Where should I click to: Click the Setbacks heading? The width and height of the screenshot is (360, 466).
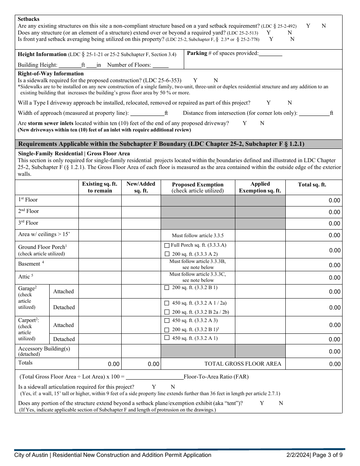tap(28, 19)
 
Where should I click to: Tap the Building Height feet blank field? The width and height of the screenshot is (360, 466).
tap(70, 65)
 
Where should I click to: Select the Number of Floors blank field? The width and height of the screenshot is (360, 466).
tap(161, 65)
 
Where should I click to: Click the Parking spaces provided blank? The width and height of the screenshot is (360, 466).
tap(270, 53)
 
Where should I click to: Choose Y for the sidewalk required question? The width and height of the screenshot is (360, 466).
tap(195, 80)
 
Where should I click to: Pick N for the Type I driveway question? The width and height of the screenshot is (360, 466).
tap(290, 103)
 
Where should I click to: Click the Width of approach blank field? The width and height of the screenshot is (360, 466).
tap(147, 113)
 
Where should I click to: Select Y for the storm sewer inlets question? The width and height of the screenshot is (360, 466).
tap(244, 123)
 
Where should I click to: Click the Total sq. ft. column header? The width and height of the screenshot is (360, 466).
tap(312, 185)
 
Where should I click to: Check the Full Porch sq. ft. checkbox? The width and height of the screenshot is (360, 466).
tap(167, 246)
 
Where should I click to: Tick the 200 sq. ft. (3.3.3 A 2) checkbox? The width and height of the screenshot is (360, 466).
tap(167, 254)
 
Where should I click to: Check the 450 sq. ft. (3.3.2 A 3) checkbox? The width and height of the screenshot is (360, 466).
tap(167, 321)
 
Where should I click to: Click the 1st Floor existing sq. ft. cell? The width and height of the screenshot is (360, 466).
tap(100, 200)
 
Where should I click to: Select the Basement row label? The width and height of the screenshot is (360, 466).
tap(29, 264)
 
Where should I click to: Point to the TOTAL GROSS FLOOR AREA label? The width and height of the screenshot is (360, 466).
tap(243, 364)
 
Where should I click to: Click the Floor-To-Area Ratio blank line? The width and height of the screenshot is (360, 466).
tap(155, 377)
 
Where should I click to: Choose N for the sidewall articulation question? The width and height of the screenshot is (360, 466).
tap(173, 387)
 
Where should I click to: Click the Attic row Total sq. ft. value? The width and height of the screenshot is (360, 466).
tap(334, 278)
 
